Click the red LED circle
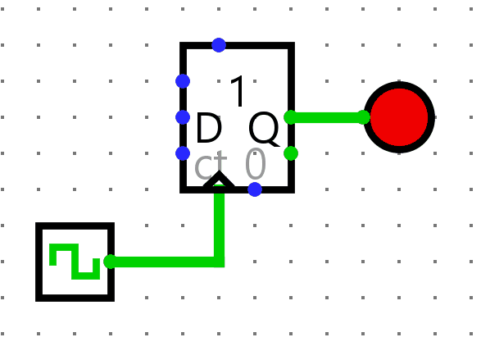[x=399, y=117]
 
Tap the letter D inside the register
[x=209, y=127]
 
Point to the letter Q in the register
[x=264, y=129]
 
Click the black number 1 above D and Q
[x=238, y=91]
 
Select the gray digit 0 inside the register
[x=256, y=164]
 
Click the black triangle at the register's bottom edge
[x=219, y=179]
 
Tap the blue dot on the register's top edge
[x=219, y=45]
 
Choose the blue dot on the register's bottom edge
[x=255, y=189]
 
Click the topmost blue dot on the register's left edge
[x=183, y=81]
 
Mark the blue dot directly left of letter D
[x=183, y=117]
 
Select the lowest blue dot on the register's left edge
[x=183, y=153]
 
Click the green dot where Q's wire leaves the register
[x=291, y=117]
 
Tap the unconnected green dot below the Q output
[x=291, y=153]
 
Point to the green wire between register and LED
[x=327, y=117]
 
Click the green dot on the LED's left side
[x=364, y=117]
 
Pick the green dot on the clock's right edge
[x=111, y=262]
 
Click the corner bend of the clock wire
[x=219, y=262]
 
